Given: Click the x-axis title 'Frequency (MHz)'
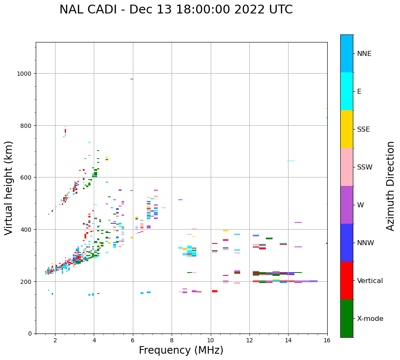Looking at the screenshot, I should (181, 350).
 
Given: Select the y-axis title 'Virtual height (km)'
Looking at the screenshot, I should (9, 188).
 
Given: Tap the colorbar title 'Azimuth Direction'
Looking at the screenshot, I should (391, 186).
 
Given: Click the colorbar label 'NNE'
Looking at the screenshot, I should (364, 54).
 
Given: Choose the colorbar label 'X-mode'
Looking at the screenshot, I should (370, 319).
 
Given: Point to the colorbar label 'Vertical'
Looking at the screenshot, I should (370, 281).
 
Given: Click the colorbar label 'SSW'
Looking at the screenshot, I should (365, 167).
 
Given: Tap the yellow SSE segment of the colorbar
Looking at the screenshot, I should (347, 129).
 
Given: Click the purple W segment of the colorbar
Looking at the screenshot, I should (347, 205).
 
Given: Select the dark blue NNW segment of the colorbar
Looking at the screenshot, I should (347, 243).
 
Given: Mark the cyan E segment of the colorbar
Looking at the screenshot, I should (347, 91).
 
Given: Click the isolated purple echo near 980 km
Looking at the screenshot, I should (132, 79).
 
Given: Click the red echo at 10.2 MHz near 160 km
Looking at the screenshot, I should (215, 291).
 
